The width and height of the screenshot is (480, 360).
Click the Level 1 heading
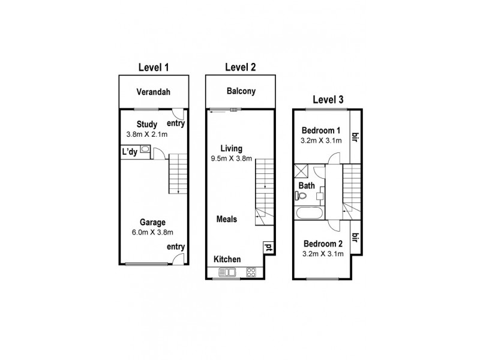tap(153, 68)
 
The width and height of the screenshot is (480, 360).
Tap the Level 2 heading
tap(240, 67)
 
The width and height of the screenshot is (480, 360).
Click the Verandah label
tap(153, 92)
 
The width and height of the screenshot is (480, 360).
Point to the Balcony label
tap(241, 92)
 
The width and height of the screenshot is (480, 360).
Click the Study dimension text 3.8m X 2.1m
tap(147, 134)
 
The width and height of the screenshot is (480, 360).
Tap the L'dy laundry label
tap(130, 152)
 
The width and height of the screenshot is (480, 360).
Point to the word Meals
tap(227, 219)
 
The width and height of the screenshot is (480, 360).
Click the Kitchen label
tap(227, 259)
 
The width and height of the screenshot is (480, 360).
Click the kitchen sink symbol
tap(229, 272)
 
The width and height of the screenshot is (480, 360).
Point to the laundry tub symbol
tap(145, 152)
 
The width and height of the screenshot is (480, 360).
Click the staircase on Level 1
tap(178, 173)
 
